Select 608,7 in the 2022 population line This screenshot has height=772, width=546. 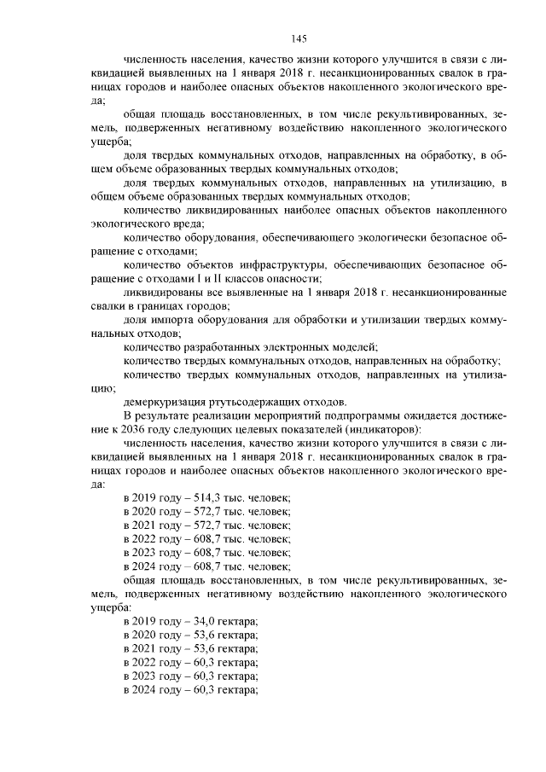click(x=204, y=538)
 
